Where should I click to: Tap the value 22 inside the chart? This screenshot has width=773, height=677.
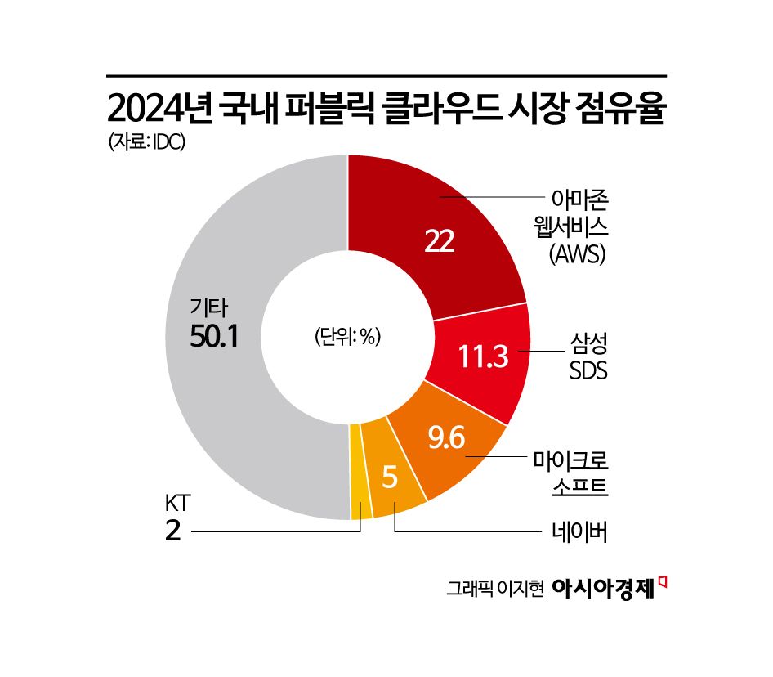click(x=439, y=240)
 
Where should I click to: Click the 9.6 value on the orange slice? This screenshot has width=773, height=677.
click(x=446, y=439)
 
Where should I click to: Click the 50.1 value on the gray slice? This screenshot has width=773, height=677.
click(x=213, y=337)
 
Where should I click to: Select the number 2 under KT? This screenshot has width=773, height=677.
click(x=172, y=531)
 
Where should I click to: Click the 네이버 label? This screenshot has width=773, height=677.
click(x=581, y=532)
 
